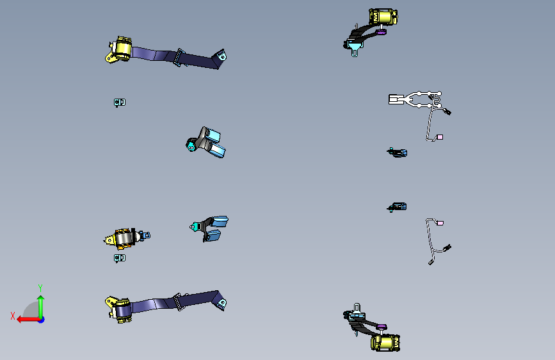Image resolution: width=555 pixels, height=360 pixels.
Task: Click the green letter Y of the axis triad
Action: pyautogui.click(x=40, y=288)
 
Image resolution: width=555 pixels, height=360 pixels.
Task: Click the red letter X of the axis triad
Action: pyautogui.click(x=13, y=316)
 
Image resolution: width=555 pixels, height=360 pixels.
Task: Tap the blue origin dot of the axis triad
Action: pyautogui.click(x=42, y=320)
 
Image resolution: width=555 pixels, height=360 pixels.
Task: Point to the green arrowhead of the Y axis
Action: pyautogui.click(x=41, y=299)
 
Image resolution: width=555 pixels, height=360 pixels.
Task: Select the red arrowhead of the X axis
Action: pyautogui.click(x=20, y=320)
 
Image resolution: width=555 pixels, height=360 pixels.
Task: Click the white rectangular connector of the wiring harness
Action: pyautogui.click(x=396, y=99)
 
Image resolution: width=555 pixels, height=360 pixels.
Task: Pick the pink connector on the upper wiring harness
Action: pyautogui.click(x=440, y=137)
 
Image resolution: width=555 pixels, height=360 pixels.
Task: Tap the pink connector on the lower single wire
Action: pyautogui.click(x=440, y=223)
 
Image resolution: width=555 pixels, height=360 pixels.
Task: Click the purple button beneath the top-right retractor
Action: pyautogui.click(x=381, y=32)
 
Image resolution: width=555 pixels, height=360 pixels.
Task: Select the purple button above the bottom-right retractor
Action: pyautogui.click(x=382, y=327)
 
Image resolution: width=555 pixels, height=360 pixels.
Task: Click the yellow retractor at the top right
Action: pyautogui.click(x=383, y=17)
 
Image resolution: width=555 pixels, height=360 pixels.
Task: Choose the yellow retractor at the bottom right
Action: pyautogui.click(x=385, y=343)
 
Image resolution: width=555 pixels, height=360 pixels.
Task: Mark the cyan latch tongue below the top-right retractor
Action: pyautogui.click(x=355, y=47)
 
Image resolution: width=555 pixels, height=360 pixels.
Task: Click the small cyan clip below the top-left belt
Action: pyautogui.click(x=120, y=102)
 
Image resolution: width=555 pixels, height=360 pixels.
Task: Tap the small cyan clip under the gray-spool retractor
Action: pyautogui.click(x=120, y=258)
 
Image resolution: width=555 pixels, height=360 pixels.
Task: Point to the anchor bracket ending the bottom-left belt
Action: pyautogui.click(x=220, y=302)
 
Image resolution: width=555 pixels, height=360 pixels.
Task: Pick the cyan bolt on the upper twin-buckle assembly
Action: pyautogui.click(x=191, y=145)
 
